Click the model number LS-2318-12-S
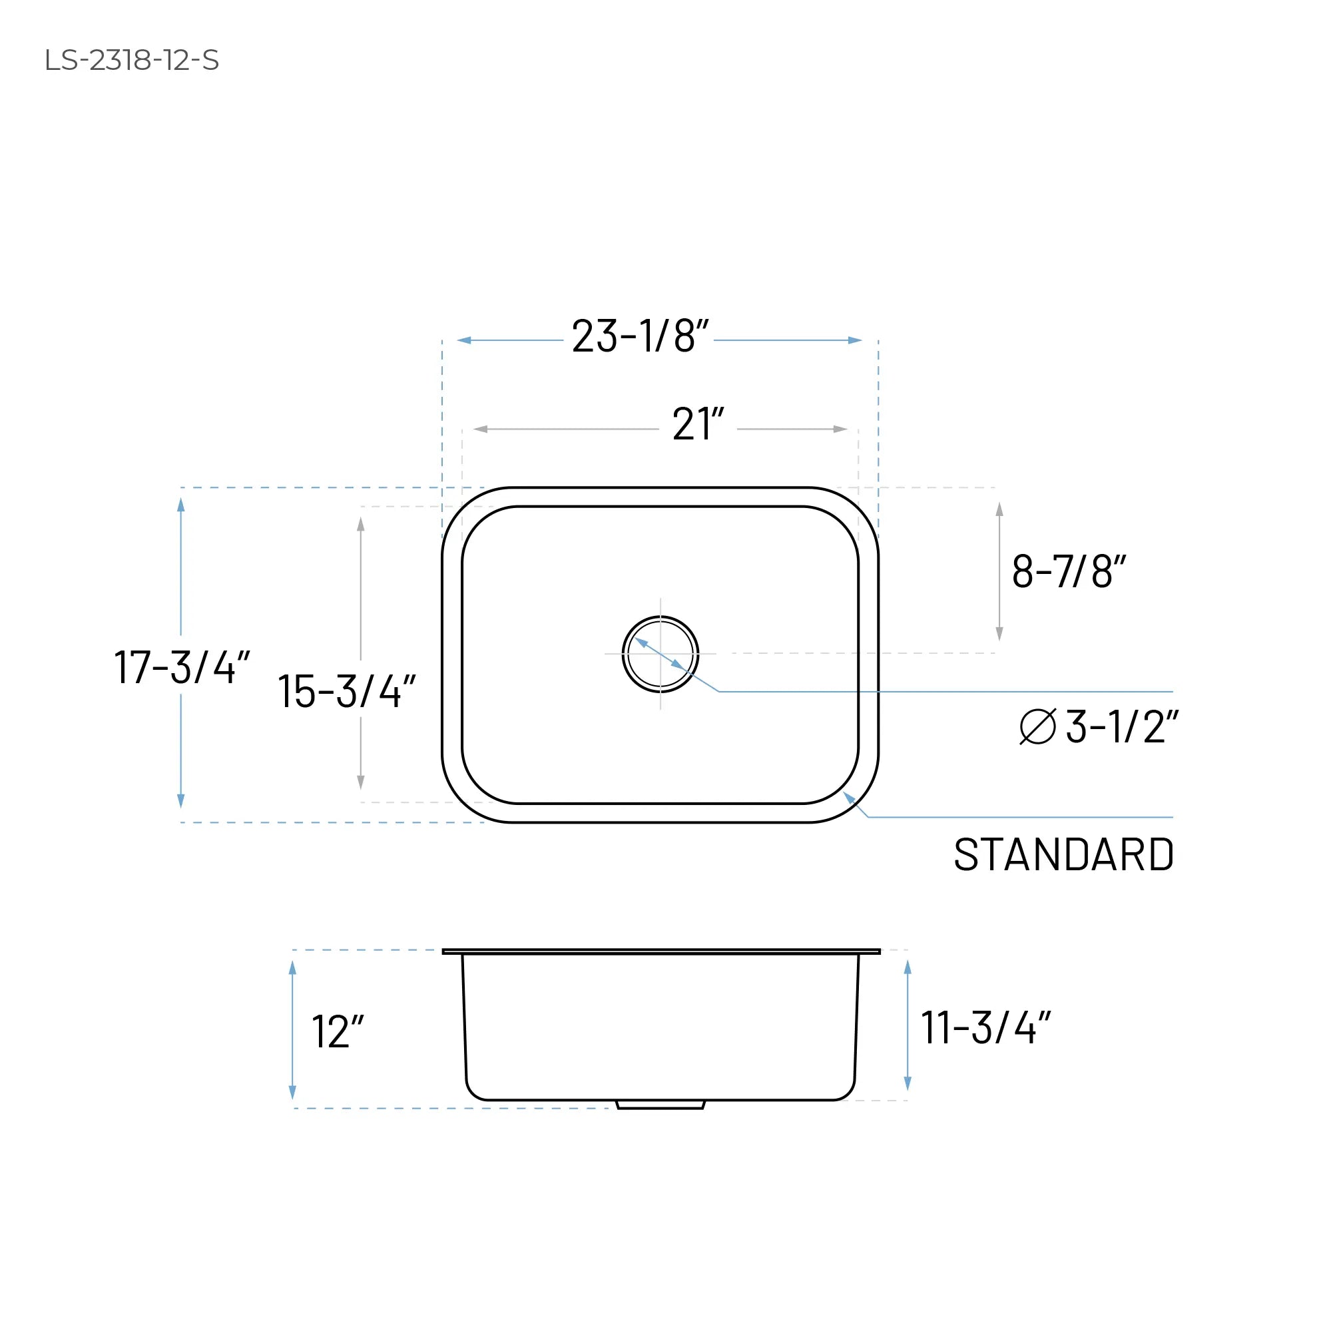[x=131, y=60]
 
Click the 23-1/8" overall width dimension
[x=639, y=336]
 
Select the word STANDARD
[x=1063, y=855]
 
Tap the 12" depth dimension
[x=337, y=1032]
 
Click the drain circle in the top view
[x=660, y=654]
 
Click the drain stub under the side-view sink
[x=660, y=1104]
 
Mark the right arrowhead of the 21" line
[x=840, y=429]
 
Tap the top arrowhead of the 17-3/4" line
[x=181, y=505]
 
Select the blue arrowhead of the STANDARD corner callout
[x=849, y=797]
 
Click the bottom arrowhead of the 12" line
[x=293, y=1092]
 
